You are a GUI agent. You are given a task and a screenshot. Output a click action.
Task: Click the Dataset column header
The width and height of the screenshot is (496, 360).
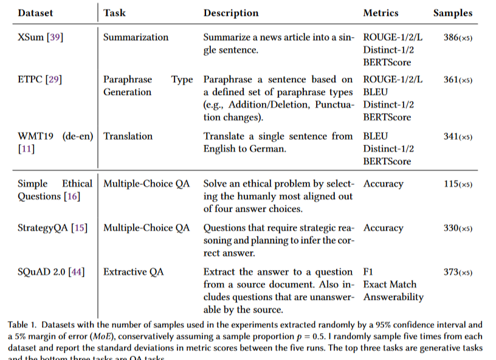35,12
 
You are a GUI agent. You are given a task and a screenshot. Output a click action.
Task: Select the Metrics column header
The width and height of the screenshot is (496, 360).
381,13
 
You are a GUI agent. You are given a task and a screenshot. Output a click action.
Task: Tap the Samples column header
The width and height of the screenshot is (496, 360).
452,13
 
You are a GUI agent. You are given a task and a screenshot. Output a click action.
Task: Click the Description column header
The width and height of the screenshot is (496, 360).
230,13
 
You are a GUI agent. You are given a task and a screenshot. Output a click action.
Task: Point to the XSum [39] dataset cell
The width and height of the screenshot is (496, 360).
40,37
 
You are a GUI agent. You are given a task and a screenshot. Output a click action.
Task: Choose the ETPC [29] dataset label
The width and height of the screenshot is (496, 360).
40,80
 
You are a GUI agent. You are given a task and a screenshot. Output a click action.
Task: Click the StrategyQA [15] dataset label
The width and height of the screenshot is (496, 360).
52,228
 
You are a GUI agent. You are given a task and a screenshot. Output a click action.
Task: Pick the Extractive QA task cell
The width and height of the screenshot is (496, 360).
134,272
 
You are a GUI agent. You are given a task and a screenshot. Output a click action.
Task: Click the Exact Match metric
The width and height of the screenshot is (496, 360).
389,285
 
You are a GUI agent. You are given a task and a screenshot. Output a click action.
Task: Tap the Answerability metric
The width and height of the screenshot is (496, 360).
393,297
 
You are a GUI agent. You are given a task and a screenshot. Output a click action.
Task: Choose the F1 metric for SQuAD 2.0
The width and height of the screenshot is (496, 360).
369,272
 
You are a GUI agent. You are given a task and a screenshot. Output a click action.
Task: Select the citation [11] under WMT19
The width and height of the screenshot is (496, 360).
26,149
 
